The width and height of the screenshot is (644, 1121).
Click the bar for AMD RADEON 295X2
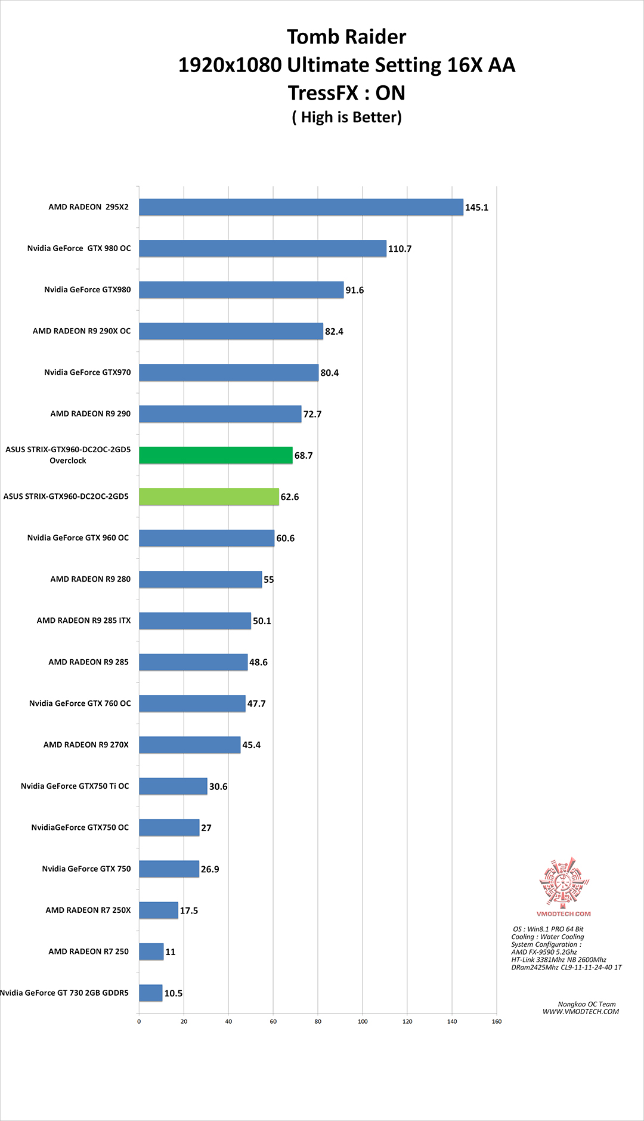pyautogui.click(x=301, y=207)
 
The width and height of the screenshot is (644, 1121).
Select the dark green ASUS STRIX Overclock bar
pyautogui.click(x=216, y=455)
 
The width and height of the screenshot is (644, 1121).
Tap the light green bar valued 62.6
pyautogui.click(x=209, y=496)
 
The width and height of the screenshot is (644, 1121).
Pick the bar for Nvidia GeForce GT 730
pyautogui.click(x=151, y=993)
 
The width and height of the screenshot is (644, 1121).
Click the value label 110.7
pyautogui.click(x=400, y=249)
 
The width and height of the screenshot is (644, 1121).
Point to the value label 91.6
pyautogui.click(x=355, y=290)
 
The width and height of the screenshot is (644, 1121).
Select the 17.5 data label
pyautogui.click(x=189, y=910)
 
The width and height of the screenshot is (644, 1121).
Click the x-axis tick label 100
pyautogui.click(x=363, y=1021)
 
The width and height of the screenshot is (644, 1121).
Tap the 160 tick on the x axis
pyautogui.click(x=497, y=1021)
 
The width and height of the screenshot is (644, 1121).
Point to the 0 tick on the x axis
pyautogui.click(x=139, y=1021)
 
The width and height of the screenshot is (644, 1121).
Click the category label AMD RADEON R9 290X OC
pyautogui.click(x=82, y=331)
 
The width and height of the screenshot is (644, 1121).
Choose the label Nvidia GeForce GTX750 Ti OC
pyautogui.click(x=75, y=786)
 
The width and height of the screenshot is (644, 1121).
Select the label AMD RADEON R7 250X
pyautogui.click(x=88, y=910)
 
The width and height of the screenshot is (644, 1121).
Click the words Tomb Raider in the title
pyautogui.click(x=346, y=37)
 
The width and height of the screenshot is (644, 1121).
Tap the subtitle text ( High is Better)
pyautogui.click(x=347, y=117)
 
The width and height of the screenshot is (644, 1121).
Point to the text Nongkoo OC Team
pyautogui.click(x=587, y=1004)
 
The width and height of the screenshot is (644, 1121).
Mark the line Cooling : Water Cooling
pyautogui.click(x=547, y=937)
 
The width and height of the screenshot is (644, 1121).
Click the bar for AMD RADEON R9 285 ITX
pyautogui.click(x=195, y=620)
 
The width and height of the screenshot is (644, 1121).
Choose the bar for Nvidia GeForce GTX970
pyautogui.click(x=229, y=372)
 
